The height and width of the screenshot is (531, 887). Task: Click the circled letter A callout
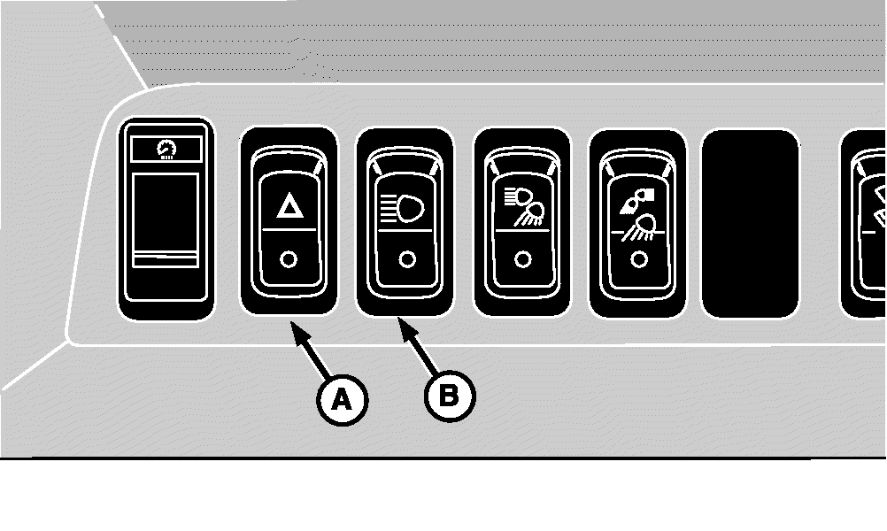point(343,400)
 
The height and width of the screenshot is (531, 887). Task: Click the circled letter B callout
point(450,396)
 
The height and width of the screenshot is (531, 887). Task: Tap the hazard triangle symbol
point(290,205)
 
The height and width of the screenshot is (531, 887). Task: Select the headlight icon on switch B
point(402,209)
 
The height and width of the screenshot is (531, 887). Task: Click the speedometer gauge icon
point(166,150)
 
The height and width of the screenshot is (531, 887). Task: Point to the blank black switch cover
point(751,223)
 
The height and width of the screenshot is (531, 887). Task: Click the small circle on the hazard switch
point(289,259)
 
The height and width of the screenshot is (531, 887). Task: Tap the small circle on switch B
point(407,259)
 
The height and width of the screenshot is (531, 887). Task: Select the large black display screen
point(166,212)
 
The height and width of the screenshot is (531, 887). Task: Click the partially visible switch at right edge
point(864,223)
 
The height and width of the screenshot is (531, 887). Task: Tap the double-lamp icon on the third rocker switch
point(523,206)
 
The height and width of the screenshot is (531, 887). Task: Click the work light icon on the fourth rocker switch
point(638,214)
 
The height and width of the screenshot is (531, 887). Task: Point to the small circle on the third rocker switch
point(523,259)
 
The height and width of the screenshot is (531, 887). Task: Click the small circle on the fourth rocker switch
point(639,259)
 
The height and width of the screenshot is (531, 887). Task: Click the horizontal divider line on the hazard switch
point(289,230)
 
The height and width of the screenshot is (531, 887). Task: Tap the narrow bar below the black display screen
point(166,261)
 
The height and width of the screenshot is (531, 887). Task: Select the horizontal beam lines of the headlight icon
point(388,209)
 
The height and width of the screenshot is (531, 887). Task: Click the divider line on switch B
point(405,231)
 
